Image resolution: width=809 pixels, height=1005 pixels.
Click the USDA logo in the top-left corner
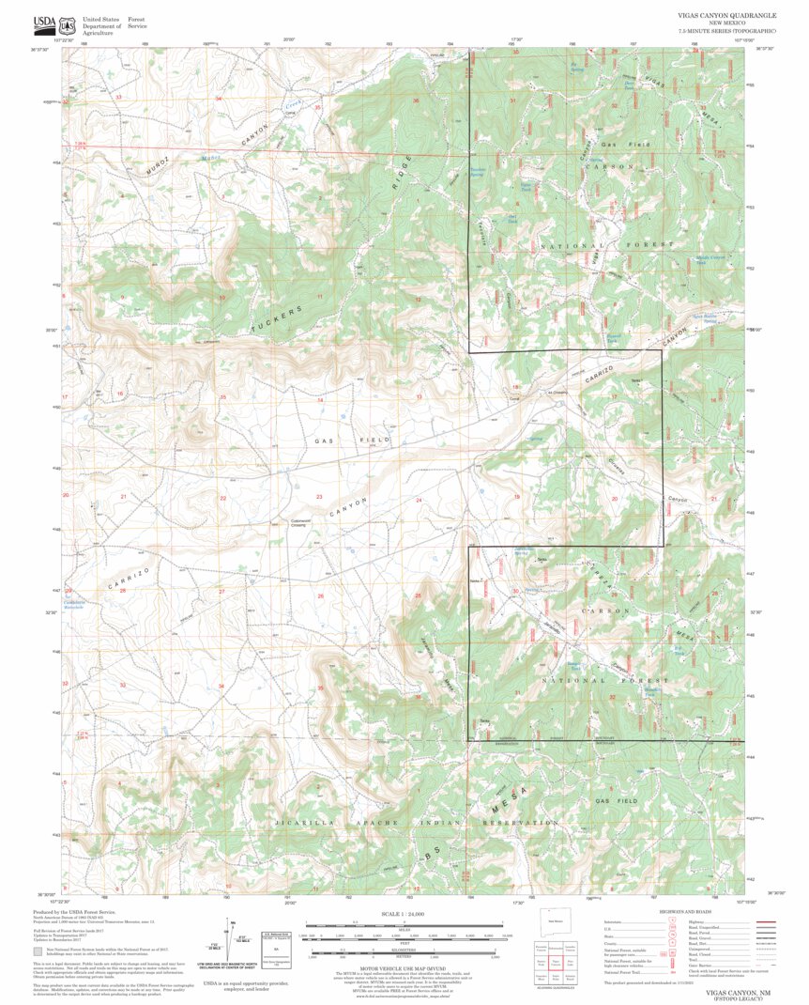pos(43,23)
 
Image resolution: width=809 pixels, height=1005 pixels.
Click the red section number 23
pos(319,497)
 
